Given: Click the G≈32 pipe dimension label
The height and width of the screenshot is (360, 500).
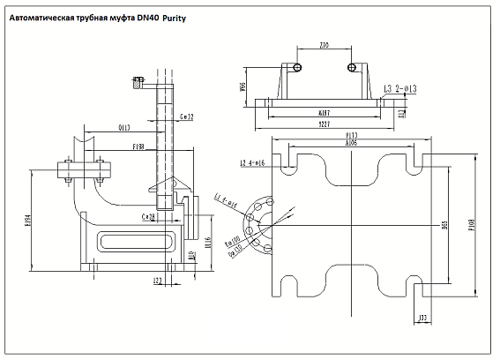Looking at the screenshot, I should coord(186,116).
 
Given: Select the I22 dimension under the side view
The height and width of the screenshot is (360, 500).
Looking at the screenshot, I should coord(158,281).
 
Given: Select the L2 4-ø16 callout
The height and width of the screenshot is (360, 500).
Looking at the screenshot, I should coord(253,163).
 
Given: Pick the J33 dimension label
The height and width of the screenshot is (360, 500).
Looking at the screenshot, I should coord(422,317).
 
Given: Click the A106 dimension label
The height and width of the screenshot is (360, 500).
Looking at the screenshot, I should coord(350,142).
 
